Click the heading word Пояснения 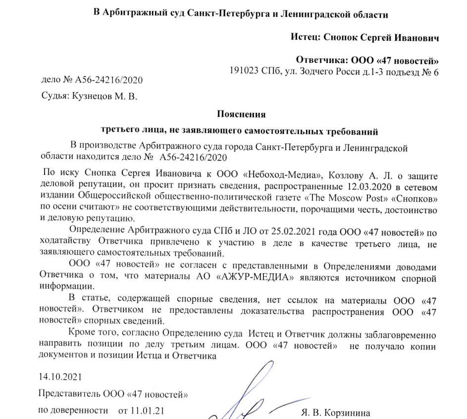pyautogui.click(x=241, y=114)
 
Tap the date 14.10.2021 pyautogui.click(x=58, y=377)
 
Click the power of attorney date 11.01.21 pyautogui.click(x=148, y=411)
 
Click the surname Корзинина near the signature pyautogui.click(x=346, y=413)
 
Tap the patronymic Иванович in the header pyautogui.click(x=414, y=38)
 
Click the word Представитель pyautogui.click(x=69, y=394)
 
